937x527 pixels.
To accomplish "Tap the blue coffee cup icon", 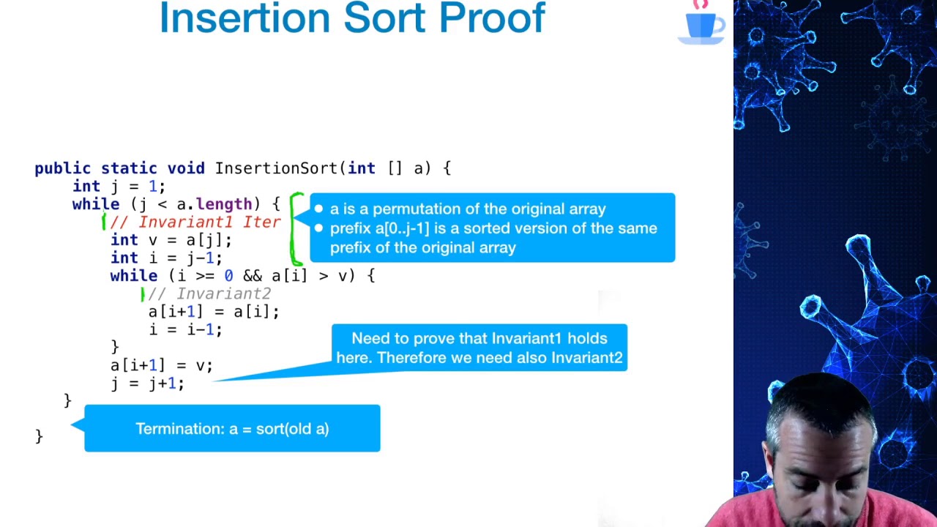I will pos(701,25).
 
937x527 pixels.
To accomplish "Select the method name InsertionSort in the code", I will pos(276,168).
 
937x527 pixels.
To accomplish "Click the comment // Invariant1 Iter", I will pos(195,222).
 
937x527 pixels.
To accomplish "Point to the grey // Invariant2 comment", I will pos(209,294).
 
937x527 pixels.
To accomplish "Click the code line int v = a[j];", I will pos(171,240).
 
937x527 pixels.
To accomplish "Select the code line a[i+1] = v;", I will pos(161,365).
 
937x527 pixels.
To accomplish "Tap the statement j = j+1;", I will pos(147,383).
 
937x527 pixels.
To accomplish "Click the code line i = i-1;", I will pos(185,329).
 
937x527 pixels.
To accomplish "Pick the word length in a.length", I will pos(223,204).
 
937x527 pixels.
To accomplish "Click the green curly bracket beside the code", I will pos(296,228).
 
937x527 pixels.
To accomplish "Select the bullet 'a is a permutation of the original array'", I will pos(468,209).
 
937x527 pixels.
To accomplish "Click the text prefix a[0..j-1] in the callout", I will pos(379,228).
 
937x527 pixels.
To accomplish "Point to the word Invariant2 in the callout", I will pos(586,357).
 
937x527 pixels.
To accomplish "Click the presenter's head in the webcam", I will pos(818,439).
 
